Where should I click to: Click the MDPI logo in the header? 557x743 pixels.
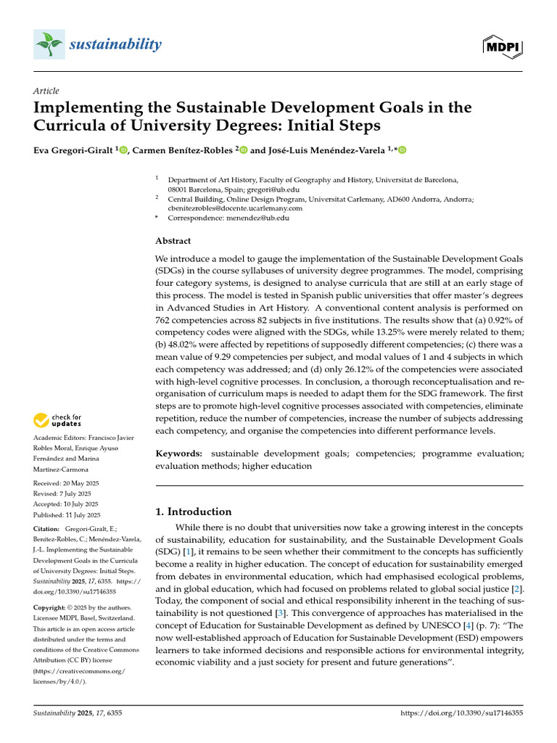pos(502,46)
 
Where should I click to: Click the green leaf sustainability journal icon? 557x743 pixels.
pos(49,45)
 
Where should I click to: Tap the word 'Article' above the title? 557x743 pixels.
pos(46,91)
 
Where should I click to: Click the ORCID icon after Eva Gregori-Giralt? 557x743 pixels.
pos(123,150)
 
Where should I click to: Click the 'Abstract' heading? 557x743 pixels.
pos(173,241)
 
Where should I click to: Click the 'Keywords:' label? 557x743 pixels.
pos(179,453)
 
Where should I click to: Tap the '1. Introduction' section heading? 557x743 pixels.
pos(194,512)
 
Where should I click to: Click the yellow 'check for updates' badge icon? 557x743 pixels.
pos(42,420)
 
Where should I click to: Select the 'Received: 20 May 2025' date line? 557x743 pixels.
pos(66,483)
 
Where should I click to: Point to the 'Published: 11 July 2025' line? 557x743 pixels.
pos(67,514)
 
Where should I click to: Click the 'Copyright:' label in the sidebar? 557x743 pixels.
pos(51,606)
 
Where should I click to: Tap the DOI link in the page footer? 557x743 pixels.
pos(461,714)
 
